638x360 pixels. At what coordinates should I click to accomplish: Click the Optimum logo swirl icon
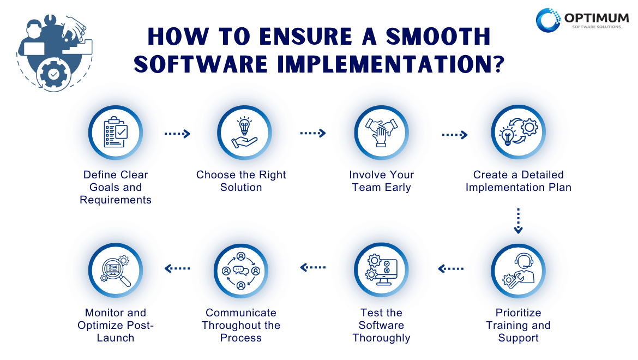pyautogui.click(x=548, y=20)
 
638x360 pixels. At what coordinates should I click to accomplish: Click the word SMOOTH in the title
pyautogui.click(x=438, y=37)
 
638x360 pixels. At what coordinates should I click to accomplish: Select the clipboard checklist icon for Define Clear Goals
pyautogui.click(x=116, y=132)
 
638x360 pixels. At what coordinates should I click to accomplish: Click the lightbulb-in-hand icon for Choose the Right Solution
pyautogui.click(x=244, y=133)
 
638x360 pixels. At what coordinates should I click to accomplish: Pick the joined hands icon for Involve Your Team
pyautogui.click(x=381, y=133)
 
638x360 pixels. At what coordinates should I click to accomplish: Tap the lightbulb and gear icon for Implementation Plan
pyautogui.click(x=519, y=132)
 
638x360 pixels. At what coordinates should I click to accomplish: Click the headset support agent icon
pyautogui.click(x=518, y=271)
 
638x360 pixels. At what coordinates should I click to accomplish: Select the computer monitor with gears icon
pyautogui.click(x=381, y=270)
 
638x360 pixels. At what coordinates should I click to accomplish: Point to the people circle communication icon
pyautogui.click(x=241, y=271)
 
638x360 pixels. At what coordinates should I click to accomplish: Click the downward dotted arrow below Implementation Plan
pyautogui.click(x=518, y=221)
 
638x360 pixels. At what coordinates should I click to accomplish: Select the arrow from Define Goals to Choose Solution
pyautogui.click(x=177, y=134)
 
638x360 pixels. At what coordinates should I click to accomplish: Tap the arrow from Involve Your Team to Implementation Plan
pyautogui.click(x=455, y=135)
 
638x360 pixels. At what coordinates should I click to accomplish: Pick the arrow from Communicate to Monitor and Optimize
pyautogui.click(x=177, y=268)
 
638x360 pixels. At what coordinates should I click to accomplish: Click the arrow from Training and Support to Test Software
pyautogui.click(x=451, y=268)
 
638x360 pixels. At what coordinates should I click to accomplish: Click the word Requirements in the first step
pyautogui.click(x=116, y=200)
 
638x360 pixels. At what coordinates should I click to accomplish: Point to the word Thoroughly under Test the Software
pyautogui.click(x=381, y=338)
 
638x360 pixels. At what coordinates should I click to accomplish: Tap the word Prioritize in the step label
pyautogui.click(x=518, y=313)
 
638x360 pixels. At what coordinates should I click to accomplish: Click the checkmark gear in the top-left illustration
pyautogui.click(x=53, y=74)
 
